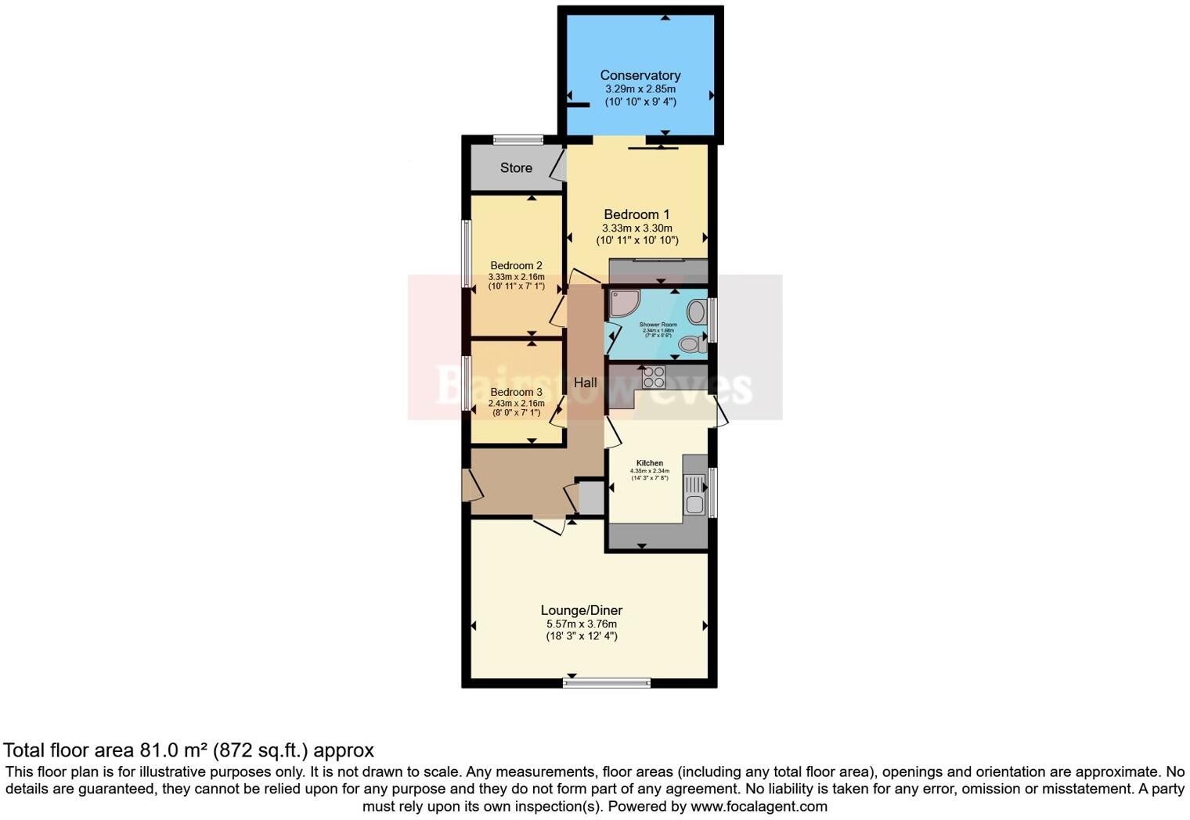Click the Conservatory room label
coord(640,75)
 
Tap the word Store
coord(516,167)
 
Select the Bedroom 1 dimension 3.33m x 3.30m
coord(636,228)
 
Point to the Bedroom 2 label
coord(516,266)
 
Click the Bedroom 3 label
coord(516,392)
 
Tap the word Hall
coord(585,383)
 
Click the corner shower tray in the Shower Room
coord(623,303)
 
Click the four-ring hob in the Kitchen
coord(653,377)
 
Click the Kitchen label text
coord(650,463)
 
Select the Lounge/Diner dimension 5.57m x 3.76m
coord(582,624)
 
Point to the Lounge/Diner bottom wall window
coord(607,683)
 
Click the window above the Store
coord(518,140)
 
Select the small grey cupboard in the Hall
coord(590,498)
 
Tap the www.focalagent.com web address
coord(759,806)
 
